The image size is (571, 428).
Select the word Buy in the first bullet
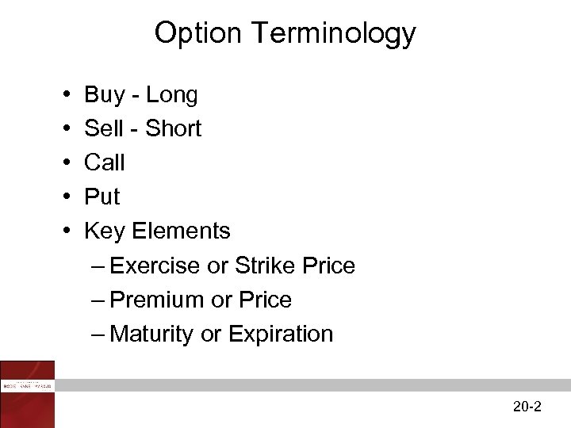[x=104, y=95]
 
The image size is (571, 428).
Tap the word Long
[x=172, y=95]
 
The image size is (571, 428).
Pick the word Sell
[x=104, y=128]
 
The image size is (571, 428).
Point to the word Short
[x=174, y=128]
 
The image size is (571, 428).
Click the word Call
[x=105, y=162]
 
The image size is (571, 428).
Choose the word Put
[x=102, y=197]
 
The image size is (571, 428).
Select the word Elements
[x=181, y=231]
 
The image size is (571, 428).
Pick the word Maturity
[x=152, y=334]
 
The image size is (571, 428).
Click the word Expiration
[x=281, y=334]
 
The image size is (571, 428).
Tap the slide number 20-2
[x=527, y=407]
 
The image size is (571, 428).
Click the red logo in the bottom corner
[x=28, y=393]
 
